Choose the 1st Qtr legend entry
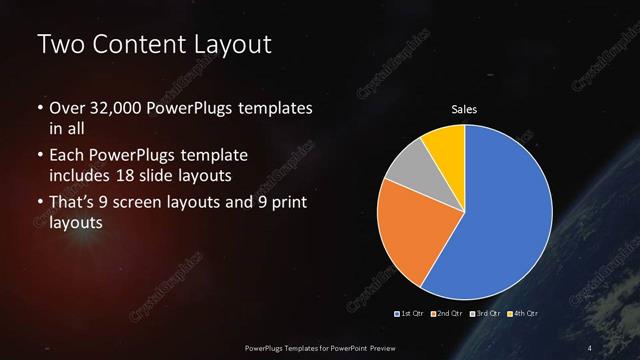click(411, 314)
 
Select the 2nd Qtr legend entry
click(447, 314)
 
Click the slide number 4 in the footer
click(590, 347)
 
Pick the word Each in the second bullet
click(66, 157)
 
